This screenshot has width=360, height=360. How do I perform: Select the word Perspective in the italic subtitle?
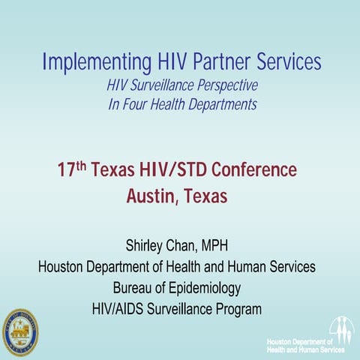[223, 86]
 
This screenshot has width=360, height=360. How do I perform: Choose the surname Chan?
[190, 244]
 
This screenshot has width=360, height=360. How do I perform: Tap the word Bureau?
[135, 287]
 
